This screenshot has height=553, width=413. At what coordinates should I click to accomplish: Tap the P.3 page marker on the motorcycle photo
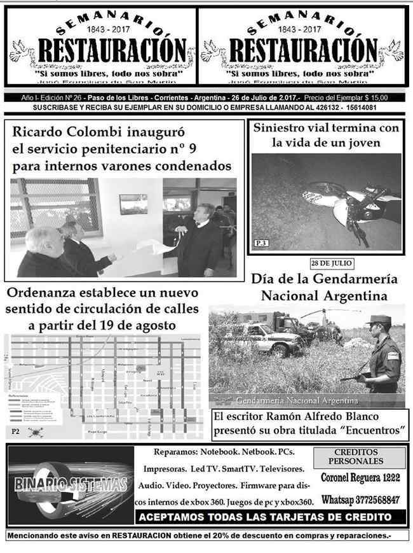coord(261,243)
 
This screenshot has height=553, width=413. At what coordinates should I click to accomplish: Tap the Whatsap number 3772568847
coord(360,499)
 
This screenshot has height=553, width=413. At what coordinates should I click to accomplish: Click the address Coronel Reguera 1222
coord(360,477)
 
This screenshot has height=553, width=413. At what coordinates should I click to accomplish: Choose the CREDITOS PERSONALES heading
coord(360,457)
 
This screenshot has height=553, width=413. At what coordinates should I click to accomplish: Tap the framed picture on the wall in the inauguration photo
coord(133,204)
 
